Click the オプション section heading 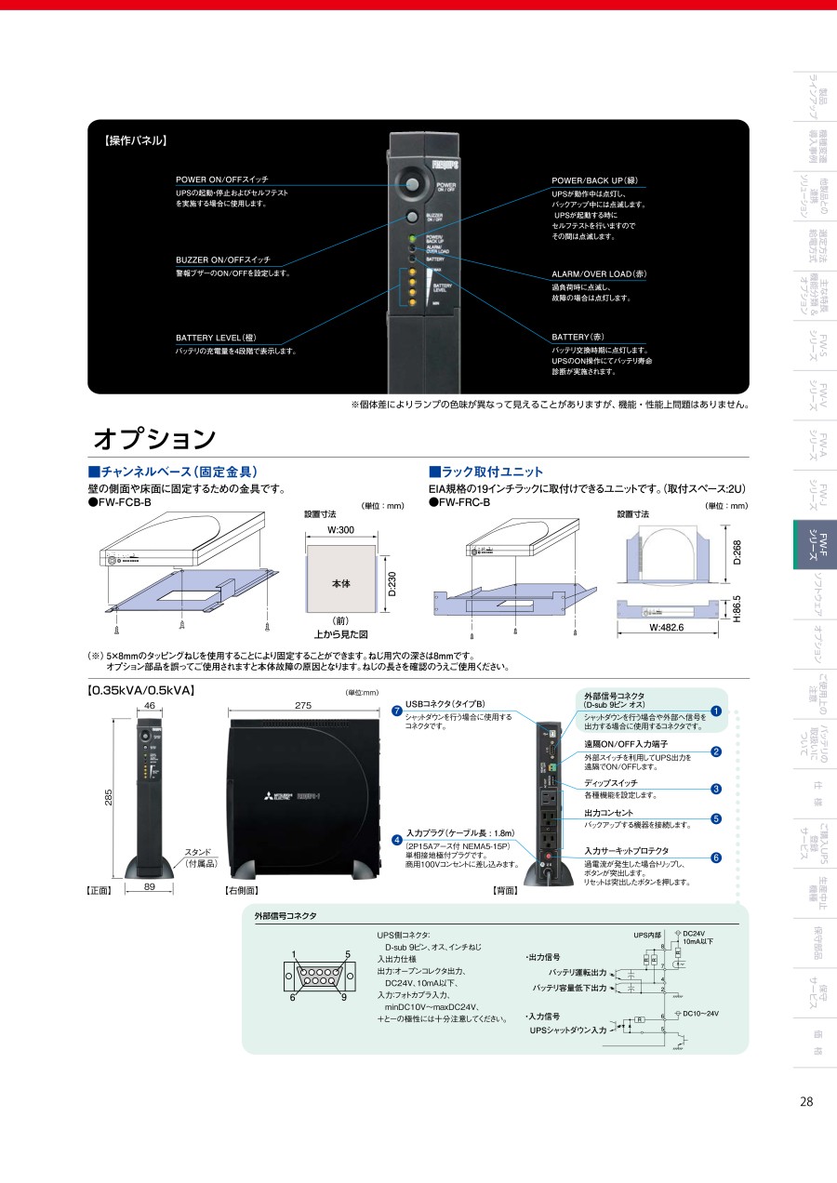tap(154, 438)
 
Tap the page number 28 tap(806, 1101)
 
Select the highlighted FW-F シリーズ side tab tap(815, 544)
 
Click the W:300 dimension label tap(340, 531)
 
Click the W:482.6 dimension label tap(666, 628)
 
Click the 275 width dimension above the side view tap(303, 707)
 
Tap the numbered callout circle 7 tap(397, 711)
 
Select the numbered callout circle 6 tap(716, 857)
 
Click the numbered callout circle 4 tap(397, 840)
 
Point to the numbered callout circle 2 tap(716, 751)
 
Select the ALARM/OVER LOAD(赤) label tap(599, 274)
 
